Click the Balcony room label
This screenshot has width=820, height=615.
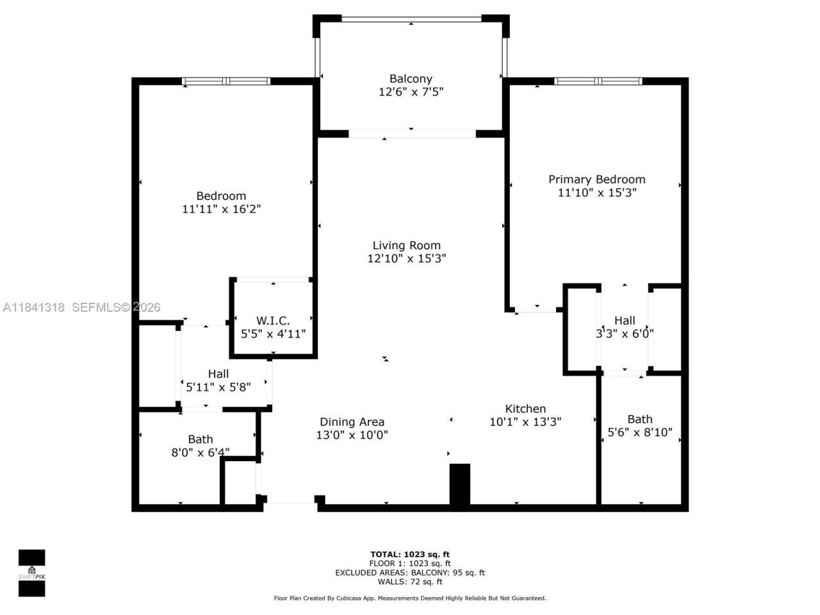[411, 79]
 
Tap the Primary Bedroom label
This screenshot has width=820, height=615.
[596, 179]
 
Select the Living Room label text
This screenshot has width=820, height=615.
[407, 245]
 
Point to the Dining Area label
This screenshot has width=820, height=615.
[352, 422]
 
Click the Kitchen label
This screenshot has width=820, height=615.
[525, 409]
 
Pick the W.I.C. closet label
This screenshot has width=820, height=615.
[273, 320]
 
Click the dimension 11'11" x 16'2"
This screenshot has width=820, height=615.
[221, 209]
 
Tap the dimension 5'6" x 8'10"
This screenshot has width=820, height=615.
[639, 432]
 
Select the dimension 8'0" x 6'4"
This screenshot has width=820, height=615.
[200, 453]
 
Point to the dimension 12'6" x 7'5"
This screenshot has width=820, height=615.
[411, 92]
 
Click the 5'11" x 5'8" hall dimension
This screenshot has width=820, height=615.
[218, 387]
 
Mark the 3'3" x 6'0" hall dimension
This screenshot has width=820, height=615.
[625, 333]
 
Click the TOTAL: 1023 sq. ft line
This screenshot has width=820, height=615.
[410, 554]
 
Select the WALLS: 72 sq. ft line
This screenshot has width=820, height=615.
[410, 582]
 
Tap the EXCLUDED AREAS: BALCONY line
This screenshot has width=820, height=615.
[410, 573]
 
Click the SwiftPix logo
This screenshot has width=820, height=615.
[31, 573]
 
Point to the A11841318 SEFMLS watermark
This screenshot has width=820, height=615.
[81, 307]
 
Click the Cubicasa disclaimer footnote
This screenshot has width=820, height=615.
[410, 598]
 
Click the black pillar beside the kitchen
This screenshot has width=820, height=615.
[459, 486]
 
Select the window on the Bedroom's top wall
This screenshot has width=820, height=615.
[226, 81]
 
